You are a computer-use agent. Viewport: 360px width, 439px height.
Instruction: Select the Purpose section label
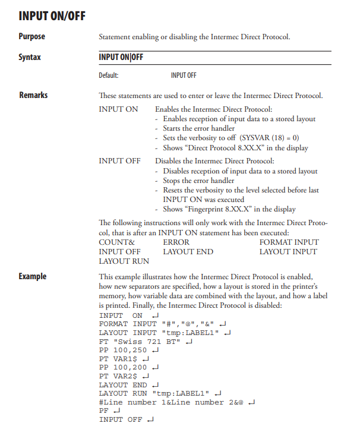[x=32, y=37]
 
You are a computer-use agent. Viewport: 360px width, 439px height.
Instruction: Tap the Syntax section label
[x=30, y=58]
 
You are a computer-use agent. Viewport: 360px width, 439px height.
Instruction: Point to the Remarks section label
[x=33, y=95]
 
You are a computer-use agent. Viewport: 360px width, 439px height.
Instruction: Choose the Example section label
[x=32, y=276]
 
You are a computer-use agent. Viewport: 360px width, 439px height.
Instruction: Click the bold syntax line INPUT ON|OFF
[x=121, y=58]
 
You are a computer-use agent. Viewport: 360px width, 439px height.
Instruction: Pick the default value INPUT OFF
[x=184, y=75]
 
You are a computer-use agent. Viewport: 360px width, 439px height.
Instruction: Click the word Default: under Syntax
[x=109, y=75]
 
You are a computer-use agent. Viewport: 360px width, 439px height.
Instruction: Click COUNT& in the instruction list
[x=116, y=242]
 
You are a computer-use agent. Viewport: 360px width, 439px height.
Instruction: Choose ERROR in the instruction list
[x=176, y=242]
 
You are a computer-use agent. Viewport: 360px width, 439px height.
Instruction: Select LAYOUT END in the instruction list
[x=188, y=251]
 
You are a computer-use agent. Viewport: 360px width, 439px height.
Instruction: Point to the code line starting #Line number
[x=172, y=402]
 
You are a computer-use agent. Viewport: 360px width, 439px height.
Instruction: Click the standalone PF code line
[x=104, y=410]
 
